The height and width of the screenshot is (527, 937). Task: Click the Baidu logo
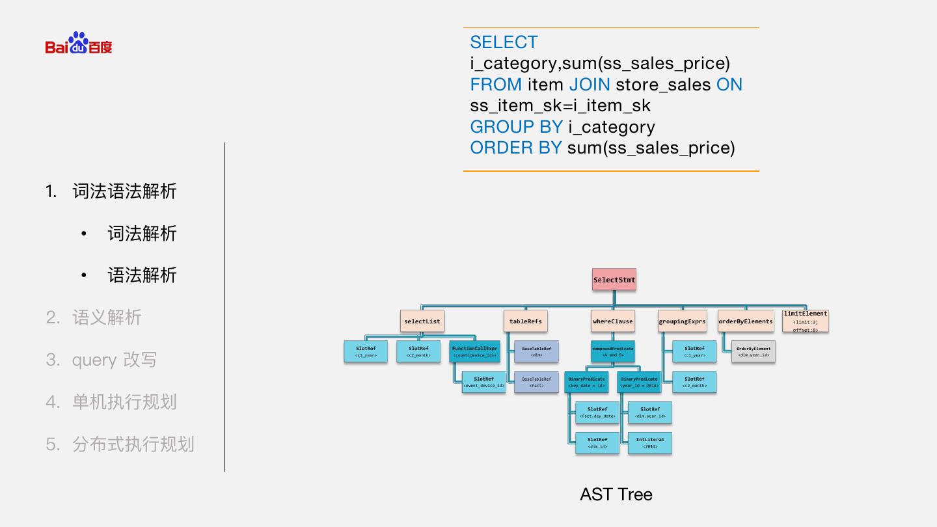pos(79,44)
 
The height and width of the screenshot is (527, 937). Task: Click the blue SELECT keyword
pos(504,42)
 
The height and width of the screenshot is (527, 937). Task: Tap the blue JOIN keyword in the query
pos(590,85)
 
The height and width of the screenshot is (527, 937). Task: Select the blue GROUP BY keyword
pos(517,127)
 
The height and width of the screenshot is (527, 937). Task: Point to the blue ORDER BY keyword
pos(516,148)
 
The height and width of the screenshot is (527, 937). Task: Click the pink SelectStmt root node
pos(614,280)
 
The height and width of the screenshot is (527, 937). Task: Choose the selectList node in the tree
pos(422,321)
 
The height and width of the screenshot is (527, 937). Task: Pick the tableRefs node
pos(525,321)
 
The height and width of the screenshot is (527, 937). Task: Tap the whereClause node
pos(612,321)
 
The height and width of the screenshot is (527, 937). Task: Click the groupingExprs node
pos(682,321)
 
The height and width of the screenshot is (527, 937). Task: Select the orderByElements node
pos(746,321)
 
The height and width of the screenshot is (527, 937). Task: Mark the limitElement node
pos(805,321)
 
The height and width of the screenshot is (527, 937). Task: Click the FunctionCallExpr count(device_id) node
pos(475,351)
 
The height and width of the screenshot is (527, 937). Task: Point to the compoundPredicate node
pos(612,351)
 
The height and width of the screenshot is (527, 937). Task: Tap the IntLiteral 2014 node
pos(650,443)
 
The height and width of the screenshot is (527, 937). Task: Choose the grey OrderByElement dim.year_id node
pos(754,351)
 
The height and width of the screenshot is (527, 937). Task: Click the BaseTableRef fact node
pos(536,382)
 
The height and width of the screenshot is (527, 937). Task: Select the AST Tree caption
pos(616,494)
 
